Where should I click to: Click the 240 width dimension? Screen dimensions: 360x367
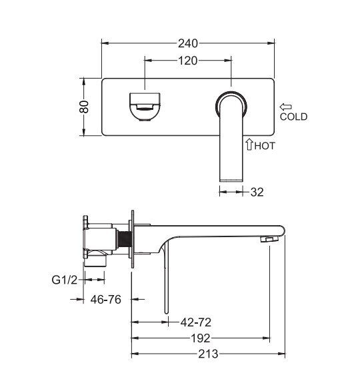point(188,43)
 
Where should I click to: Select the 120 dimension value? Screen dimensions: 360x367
point(188,61)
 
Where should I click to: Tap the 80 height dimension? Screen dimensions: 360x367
point(84,107)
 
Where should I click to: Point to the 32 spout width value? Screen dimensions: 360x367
point(257,192)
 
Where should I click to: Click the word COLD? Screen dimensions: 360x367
point(293,117)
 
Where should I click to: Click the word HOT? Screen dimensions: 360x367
point(265,146)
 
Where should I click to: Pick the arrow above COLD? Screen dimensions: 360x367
point(285,107)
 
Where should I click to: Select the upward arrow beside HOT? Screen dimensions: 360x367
point(249,144)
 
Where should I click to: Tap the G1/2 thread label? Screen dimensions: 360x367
point(65,280)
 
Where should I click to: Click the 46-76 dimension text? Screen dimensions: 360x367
point(106,299)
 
